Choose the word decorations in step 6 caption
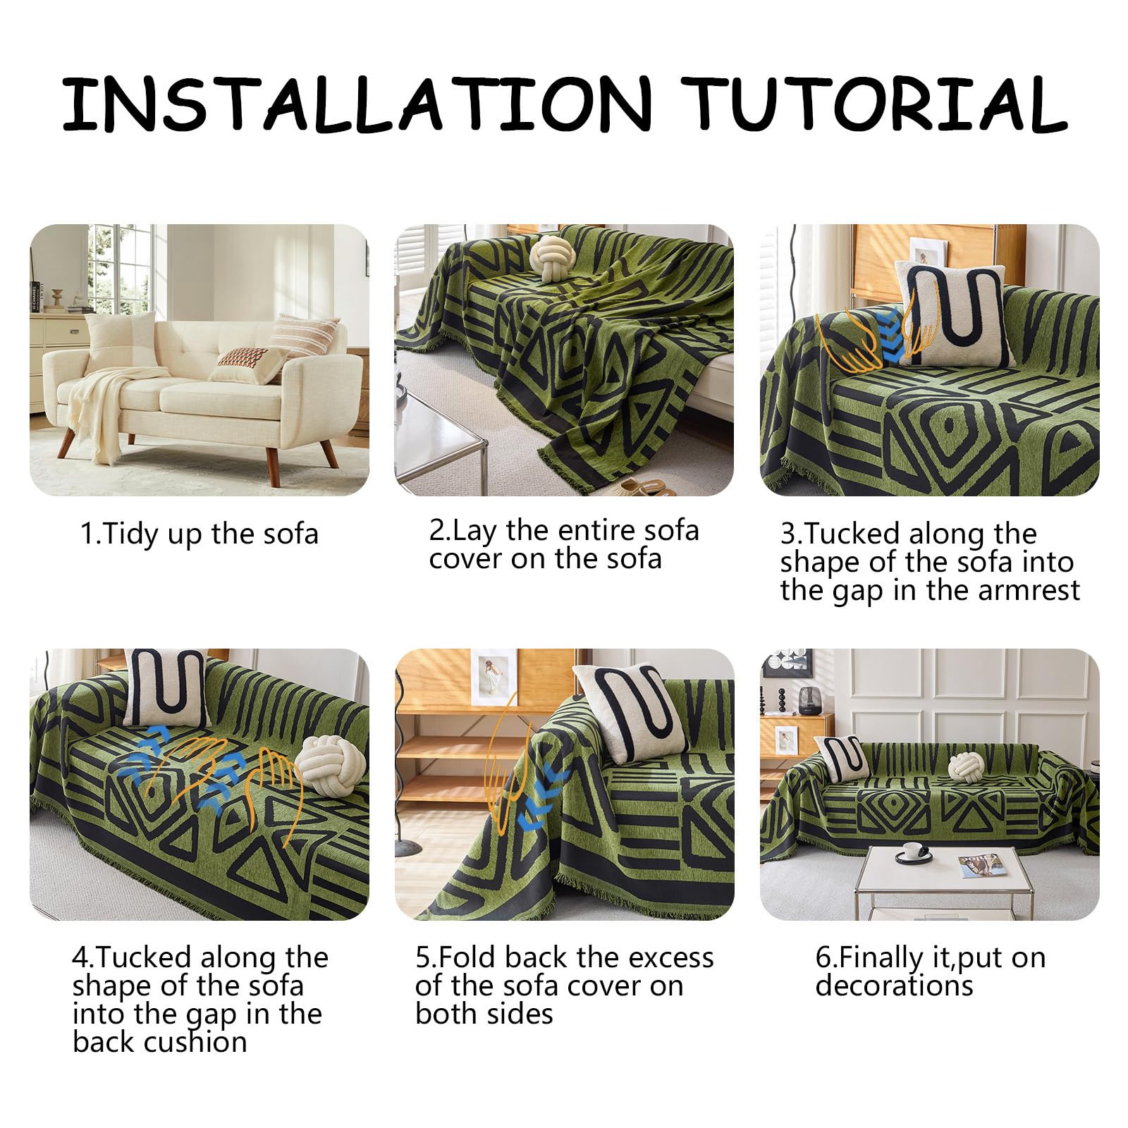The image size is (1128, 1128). pos(894,986)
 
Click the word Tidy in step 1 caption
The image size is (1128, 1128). pos(131,534)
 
